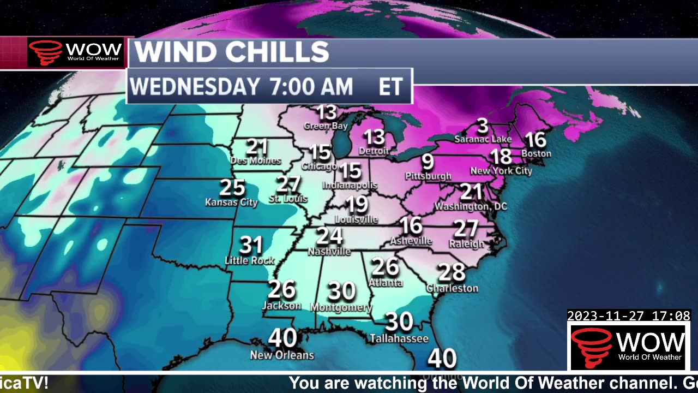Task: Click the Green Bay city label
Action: click(326, 126)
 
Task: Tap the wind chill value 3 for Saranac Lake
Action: click(482, 127)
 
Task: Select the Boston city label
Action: click(536, 153)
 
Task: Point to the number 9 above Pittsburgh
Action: click(428, 162)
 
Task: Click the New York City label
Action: click(501, 171)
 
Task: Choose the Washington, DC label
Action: click(471, 206)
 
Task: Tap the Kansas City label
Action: click(231, 202)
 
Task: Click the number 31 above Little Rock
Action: click(251, 245)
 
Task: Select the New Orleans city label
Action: click(282, 355)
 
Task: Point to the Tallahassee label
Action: click(399, 339)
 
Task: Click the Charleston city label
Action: click(452, 288)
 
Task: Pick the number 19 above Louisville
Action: click(357, 205)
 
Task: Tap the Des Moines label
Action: click(256, 160)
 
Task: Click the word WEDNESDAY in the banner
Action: click(194, 87)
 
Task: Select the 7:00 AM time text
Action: click(311, 87)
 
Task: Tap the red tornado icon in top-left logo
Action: click(46, 52)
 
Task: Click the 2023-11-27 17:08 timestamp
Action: click(629, 316)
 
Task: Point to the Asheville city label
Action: click(411, 241)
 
